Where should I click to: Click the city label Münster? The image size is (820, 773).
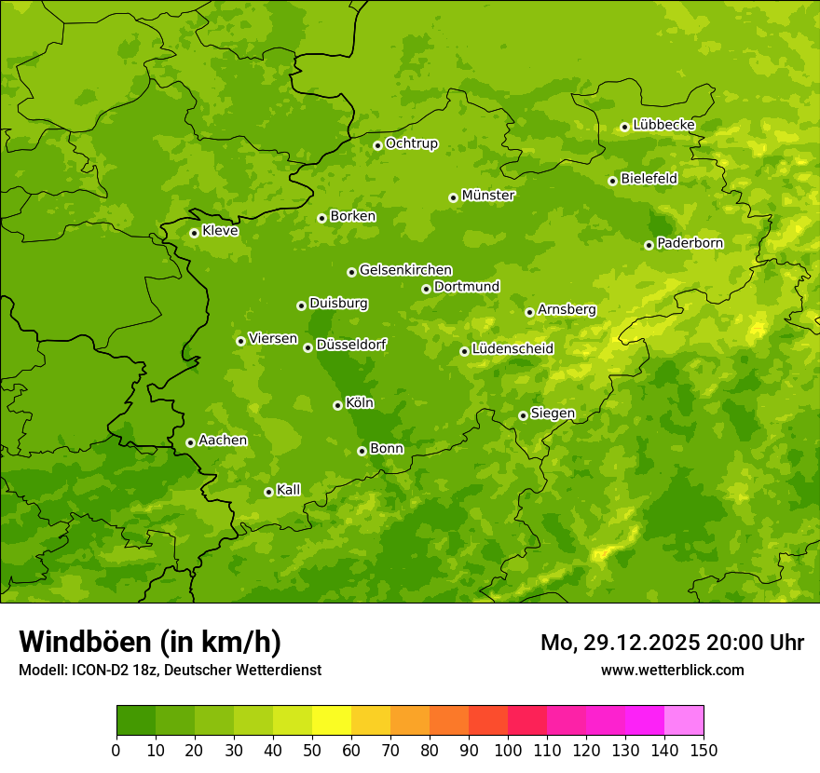pyautogui.click(x=487, y=196)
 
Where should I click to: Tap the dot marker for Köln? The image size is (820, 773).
pyautogui.click(x=337, y=405)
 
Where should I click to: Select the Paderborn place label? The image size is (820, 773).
pyautogui.click(x=690, y=243)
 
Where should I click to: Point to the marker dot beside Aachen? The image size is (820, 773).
pyautogui.click(x=190, y=442)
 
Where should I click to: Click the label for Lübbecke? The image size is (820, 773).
pyautogui.click(x=663, y=125)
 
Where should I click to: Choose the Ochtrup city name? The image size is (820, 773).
pyautogui.click(x=411, y=143)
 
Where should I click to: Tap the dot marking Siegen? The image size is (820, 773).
pyautogui.click(x=523, y=415)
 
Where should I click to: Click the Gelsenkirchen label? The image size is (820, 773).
pyautogui.click(x=405, y=270)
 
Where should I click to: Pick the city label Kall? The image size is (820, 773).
pyautogui.click(x=288, y=490)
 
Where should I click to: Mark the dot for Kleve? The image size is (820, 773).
pyautogui.click(x=194, y=233)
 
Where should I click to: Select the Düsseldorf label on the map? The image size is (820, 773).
pyautogui.click(x=350, y=345)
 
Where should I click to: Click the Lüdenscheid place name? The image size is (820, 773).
pyautogui.click(x=512, y=349)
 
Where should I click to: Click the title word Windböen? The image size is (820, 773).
pyautogui.click(x=84, y=642)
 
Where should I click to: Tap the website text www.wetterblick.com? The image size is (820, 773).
pyautogui.click(x=672, y=670)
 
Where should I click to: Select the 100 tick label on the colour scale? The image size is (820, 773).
pyautogui.click(x=508, y=750)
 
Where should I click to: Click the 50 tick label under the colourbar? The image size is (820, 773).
pyautogui.click(x=312, y=750)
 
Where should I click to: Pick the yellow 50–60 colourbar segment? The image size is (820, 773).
pyautogui.click(x=332, y=721)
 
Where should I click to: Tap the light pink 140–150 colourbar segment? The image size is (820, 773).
pyautogui.click(x=684, y=721)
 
